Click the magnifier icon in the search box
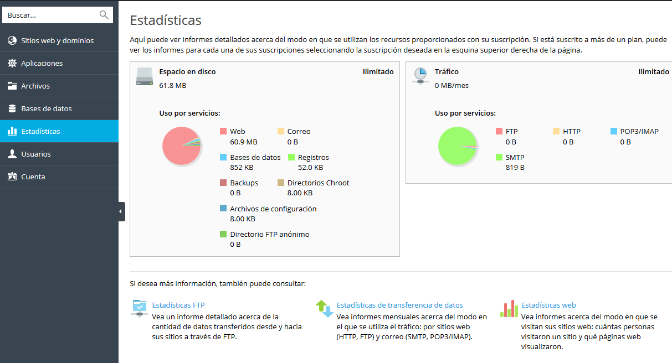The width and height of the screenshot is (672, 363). (x=104, y=15)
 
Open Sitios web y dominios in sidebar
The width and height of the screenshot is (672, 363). (x=57, y=40)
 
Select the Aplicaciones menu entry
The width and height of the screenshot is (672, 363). (x=42, y=63)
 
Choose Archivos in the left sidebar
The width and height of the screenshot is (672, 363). (x=35, y=86)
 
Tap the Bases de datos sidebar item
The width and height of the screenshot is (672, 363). (x=47, y=108)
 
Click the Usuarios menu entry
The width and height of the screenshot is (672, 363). (x=36, y=154)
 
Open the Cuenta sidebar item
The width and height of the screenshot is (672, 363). (x=33, y=177)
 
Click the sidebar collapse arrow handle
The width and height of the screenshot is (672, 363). (x=121, y=211)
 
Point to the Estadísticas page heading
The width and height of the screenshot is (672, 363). (x=166, y=20)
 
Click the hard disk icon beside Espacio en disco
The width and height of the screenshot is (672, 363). (x=144, y=76)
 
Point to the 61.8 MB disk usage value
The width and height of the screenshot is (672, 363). (x=173, y=86)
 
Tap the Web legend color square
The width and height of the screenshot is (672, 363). (x=223, y=132)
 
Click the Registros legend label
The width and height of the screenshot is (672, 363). (x=313, y=157)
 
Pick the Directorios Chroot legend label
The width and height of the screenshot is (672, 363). (x=318, y=183)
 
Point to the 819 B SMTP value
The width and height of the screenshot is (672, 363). (x=515, y=167)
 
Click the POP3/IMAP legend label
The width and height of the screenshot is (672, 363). (x=639, y=132)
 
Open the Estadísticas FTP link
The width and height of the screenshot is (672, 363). (x=178, y=305)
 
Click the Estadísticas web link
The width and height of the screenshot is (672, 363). (x=548, y=305)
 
